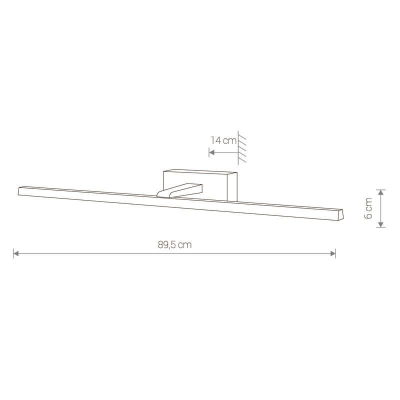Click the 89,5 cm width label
point(174,244)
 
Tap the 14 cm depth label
point(223,140)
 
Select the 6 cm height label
point(368,208)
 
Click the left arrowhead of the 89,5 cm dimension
point(16,253)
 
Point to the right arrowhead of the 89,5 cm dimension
point(333,253)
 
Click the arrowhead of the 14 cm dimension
point(211,152)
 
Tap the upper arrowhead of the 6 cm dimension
point(380,192)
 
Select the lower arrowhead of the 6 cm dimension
point(380,224)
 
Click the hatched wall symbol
point(241,147)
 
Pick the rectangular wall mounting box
point(200,184)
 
